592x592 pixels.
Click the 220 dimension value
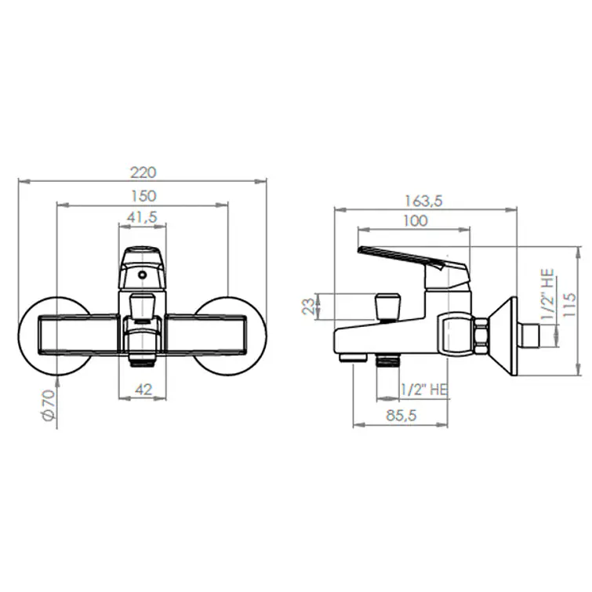coord(143,173)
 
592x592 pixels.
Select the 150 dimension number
coord(143,196)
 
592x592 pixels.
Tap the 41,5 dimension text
coord(142,217)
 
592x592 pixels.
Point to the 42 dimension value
coord(143,389)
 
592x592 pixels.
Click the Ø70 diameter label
coord(49,405)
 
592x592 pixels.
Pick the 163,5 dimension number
coord(423,201)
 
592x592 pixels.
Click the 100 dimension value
coord(416,221)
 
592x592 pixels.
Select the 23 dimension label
coord(309,307)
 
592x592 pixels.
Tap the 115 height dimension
coord(569,305)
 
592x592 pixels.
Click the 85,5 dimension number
coord(401,416)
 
